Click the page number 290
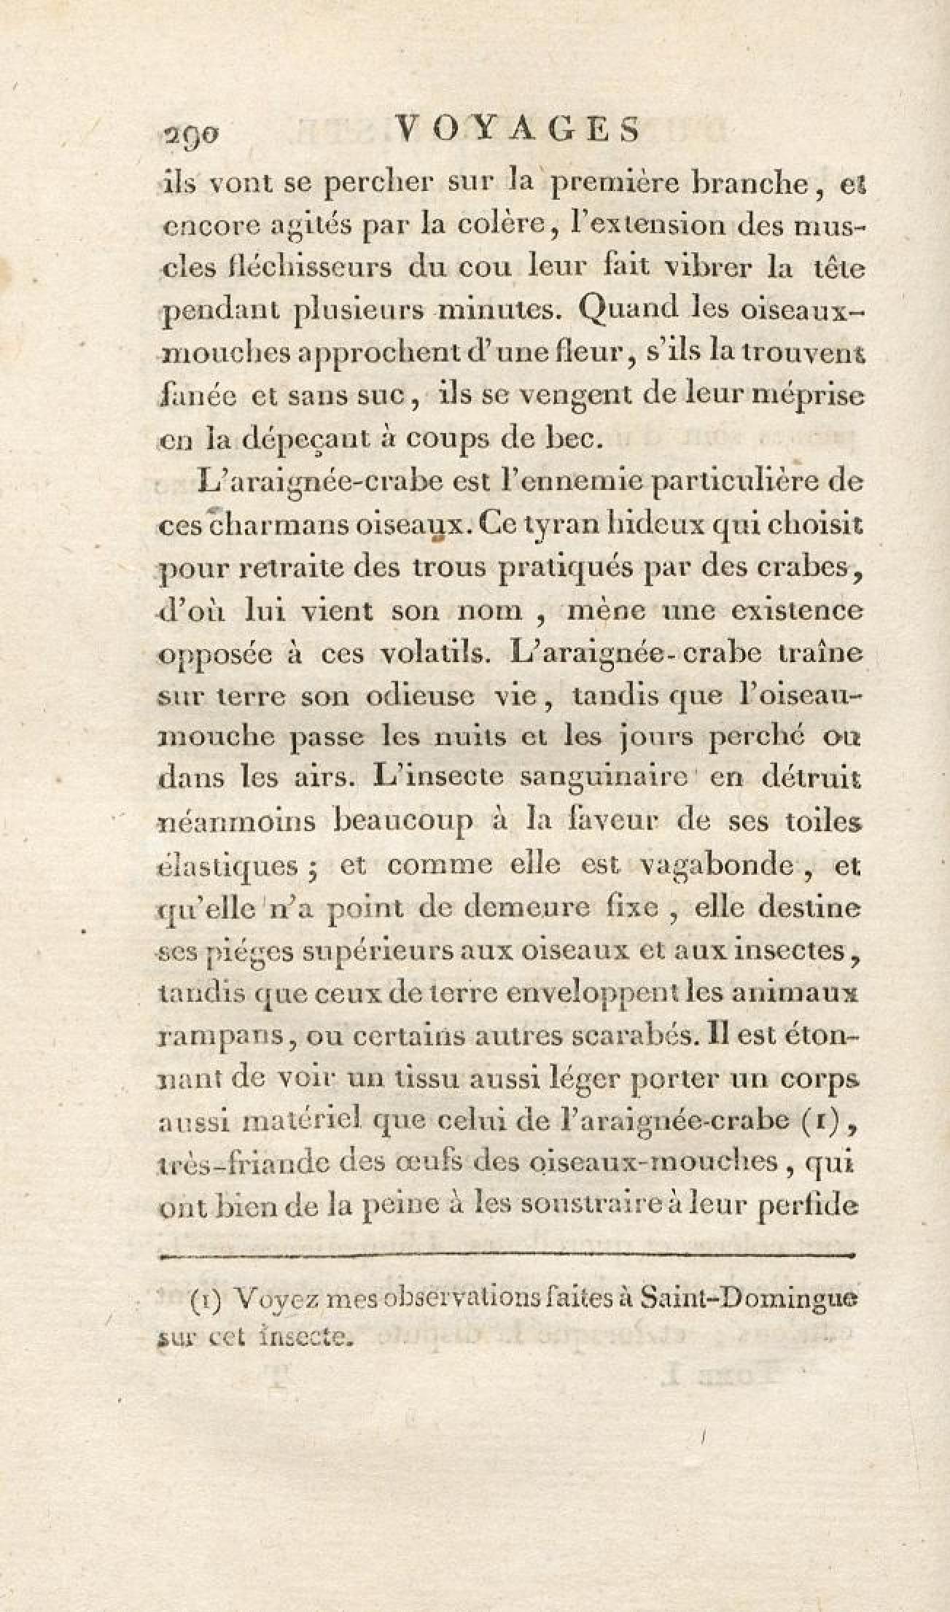pos(192,134)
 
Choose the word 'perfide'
pos(807,1207)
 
